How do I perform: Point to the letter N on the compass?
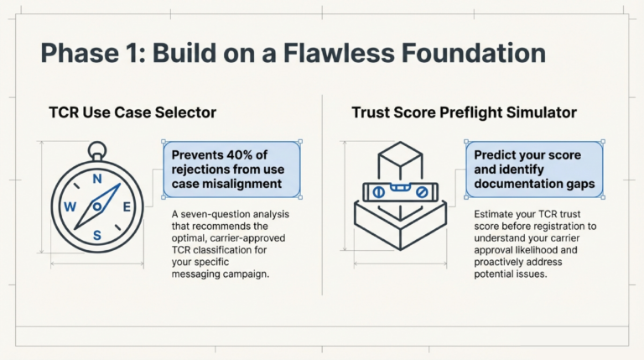pyautogui.click(x=97, y=179)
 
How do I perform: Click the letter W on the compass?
pyautogui.click(x=70, y=207)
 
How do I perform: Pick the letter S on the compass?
pyautogui.click(x=97, y=236)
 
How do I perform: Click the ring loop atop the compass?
pyautogui.click(x=98, y=151)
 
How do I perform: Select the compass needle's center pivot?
pyautogui.click(x=98, y=206)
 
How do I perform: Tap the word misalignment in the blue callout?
pyautogui.click(x=241, y=181)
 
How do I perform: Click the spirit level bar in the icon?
pyautogui.click(x=400, y=192)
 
